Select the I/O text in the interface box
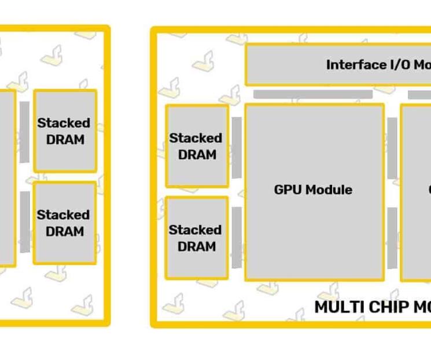[399, 64]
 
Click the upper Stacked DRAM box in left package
[65, 131]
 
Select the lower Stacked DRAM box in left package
[65, 223]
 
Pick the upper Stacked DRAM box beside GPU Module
[197, 146]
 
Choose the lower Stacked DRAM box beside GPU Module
[197, 238]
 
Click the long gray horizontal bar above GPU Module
[312, 94]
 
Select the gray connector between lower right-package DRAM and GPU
[237, 237]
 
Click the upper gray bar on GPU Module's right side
[392, 148]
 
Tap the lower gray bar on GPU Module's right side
[392, 238]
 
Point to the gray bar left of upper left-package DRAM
[24, 132]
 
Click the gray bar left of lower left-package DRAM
[24, 222]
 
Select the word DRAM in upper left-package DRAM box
[65, 139]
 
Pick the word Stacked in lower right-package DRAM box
[196, 230]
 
